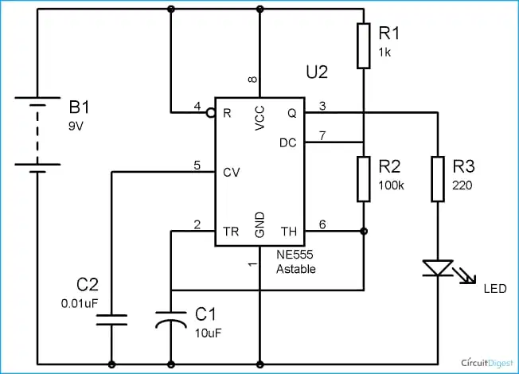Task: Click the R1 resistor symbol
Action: pyautogui.click(x=364, y=46)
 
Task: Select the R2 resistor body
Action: pyautogui.click(x=364, y=179)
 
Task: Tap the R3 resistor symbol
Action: pyautogui.click(x=438, y=179)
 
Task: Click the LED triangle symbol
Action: pyautogui.click(x=438, y=267)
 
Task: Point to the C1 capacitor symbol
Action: pyautogui.click(x=171, y=319)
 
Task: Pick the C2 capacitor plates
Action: pyautogui.click(x=111, y=320)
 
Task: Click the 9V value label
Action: pyautogui.click(x=76, y=126)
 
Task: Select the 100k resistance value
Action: pyautogui.click(x=391, y=185)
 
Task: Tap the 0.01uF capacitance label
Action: pyautogui.click(x=80, y=303)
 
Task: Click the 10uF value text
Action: pyautogui.click(x=208, y=333)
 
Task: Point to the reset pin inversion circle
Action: pyautogui.click(x=210, y=113)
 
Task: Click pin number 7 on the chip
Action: pyautogui.click(x=322, y=135)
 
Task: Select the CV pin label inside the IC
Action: pyautogui.click(x=231, y=173)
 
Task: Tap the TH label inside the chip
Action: pyautogui.click(x=289, y=232)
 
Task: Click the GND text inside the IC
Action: pyautogui.click(x=259, y=225)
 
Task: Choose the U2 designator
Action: pyautogui.click(x=317, y=72)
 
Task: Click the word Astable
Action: pyautogui.click(x=296, y=269)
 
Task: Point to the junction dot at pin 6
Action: pyautogui.click(x=364, y=231)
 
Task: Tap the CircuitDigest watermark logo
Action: pyautogui.click(x=487, y=363)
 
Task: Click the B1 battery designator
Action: pyautogui.click(x=79, y=107)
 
